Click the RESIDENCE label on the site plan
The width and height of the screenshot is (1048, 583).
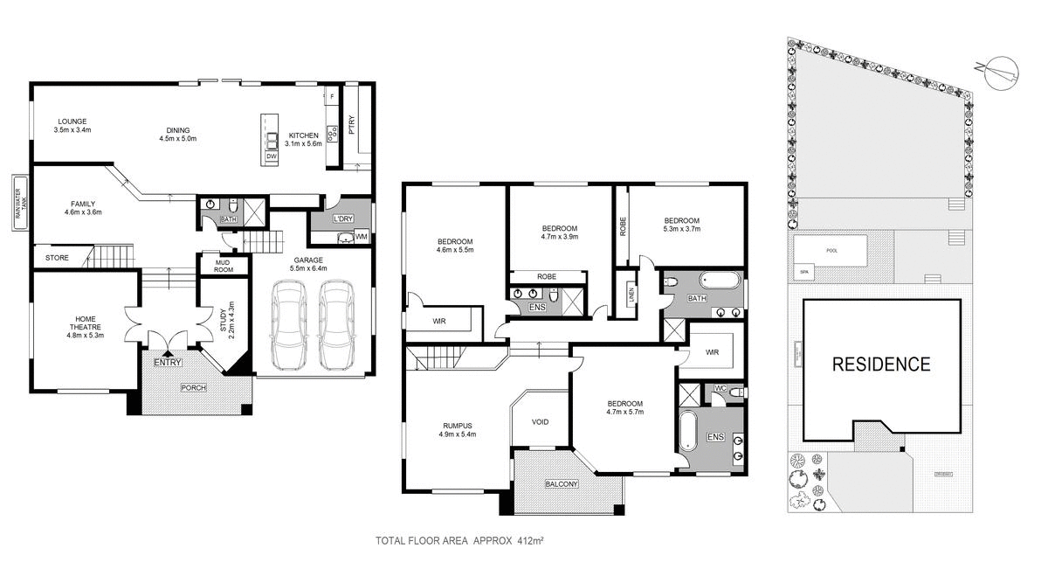tap(880, 364)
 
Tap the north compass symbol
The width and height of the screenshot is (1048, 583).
tap(997, 71)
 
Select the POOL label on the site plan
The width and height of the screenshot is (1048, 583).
tap(831, 250)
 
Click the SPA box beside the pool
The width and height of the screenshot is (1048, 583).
tap(803, 272)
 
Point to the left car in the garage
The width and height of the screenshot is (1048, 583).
tap(288, 325)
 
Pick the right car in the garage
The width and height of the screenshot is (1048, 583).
tap(337, 325)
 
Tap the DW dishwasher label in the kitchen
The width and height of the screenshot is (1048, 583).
tap(272, 156)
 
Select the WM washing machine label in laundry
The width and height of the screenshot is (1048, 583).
tap(361, 238)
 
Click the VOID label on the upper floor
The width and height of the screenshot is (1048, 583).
tap(540, 422)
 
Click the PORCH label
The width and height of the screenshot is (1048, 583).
tap(193, 387)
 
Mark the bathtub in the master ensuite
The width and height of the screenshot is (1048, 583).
tap(688, 431)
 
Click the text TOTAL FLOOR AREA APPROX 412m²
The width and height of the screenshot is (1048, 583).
tap(459, 541)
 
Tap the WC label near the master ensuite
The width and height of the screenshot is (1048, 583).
tap(720, 387)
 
